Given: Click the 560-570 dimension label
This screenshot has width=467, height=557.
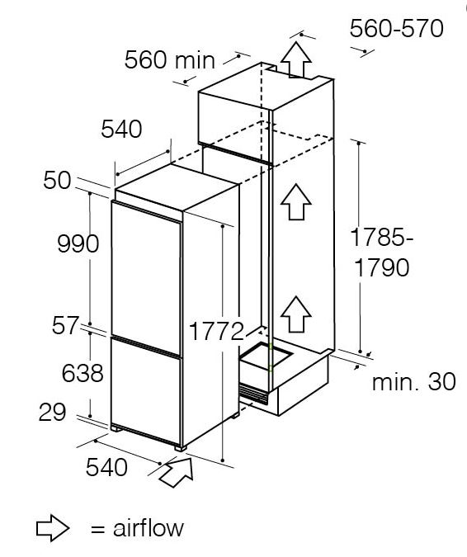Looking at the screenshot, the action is tap(397, 29).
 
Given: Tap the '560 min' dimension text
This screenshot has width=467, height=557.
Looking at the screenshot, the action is tap(170, 59).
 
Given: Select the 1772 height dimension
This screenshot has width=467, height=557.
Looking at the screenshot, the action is tap(216, 332).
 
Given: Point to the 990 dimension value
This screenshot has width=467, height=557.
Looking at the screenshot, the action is tap(78, 243).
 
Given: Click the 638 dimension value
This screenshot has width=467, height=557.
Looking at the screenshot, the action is tap(83, 373).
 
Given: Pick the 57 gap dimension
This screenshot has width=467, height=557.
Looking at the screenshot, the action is tap(64, 325).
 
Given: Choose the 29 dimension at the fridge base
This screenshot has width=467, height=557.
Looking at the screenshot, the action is tap(52, 412).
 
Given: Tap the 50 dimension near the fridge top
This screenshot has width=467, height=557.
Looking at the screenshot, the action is tap(57, 181).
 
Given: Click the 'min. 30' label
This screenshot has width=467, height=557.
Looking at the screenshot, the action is tap(413, 382).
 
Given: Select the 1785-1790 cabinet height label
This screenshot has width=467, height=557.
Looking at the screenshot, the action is tap(382, 253).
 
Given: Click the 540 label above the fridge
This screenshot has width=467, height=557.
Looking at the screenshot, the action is tap(121, 129).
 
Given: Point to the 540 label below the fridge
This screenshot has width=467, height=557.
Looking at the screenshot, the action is tap(106, 467).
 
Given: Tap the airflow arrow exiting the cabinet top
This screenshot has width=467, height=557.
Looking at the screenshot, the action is tap(296, 59).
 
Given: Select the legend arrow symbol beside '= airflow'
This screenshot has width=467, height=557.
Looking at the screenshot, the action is tap(53, 528).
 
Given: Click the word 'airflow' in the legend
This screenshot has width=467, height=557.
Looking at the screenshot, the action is tap(149, 528).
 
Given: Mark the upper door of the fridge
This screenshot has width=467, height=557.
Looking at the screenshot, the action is tap(146, 277).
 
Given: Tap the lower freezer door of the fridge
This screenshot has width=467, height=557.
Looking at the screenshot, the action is tap(145, 391).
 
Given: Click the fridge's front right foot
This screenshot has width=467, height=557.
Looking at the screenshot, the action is tap(181, 448).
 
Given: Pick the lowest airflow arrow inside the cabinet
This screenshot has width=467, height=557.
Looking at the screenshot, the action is tap(296, 314).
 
